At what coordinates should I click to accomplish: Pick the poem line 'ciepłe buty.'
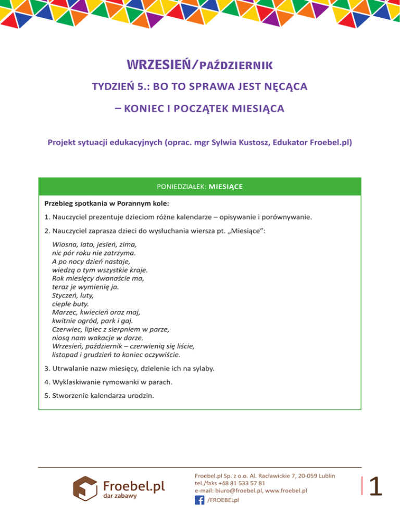[x=71, y=303]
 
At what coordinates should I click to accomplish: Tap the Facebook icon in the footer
[x=199, y=500]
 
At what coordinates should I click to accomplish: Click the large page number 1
[x=376, y=487]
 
